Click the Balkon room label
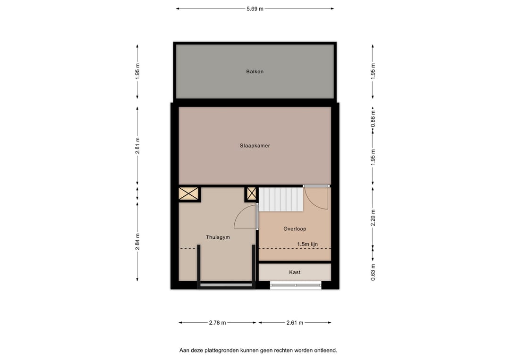pyautogui.click(x=255, y=72)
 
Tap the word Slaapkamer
pyautogui.click(x=255, y=146)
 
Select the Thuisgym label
pyautogui.click(x=218, y=237)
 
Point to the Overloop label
pyautogui.click(x=295, y=229)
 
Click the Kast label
pyautogui.click(x=295, y=272)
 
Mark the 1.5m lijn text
pyautogui.click(x=307, y=244)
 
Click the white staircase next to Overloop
pyautogui.click(x=280, y=199)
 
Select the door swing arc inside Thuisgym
pyautogui.click(x=245, y=219)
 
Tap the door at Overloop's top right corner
pyautogui.click(x=316, y=198)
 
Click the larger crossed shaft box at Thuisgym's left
pyautogui.click(x=189, y=194)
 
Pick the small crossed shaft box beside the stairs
pyautogui.click(x=251, y=194)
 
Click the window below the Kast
pyautogui.click(x=295, y=285)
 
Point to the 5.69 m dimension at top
pyautogui.click(x=255, y=8)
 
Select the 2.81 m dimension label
pyautogui.click(x=137, y=145)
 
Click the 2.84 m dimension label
pyautogui.click(x=137, y=242)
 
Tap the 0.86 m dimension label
pyautogui.click(x=373, y=118)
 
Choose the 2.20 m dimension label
pyautogui.click(x=373, y=218)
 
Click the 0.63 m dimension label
pyautogui.click(x=373, y=272)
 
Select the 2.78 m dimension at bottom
pyautogui.click(x=217, y=323)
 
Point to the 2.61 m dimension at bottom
pyautogui.click(x=295, y=323)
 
